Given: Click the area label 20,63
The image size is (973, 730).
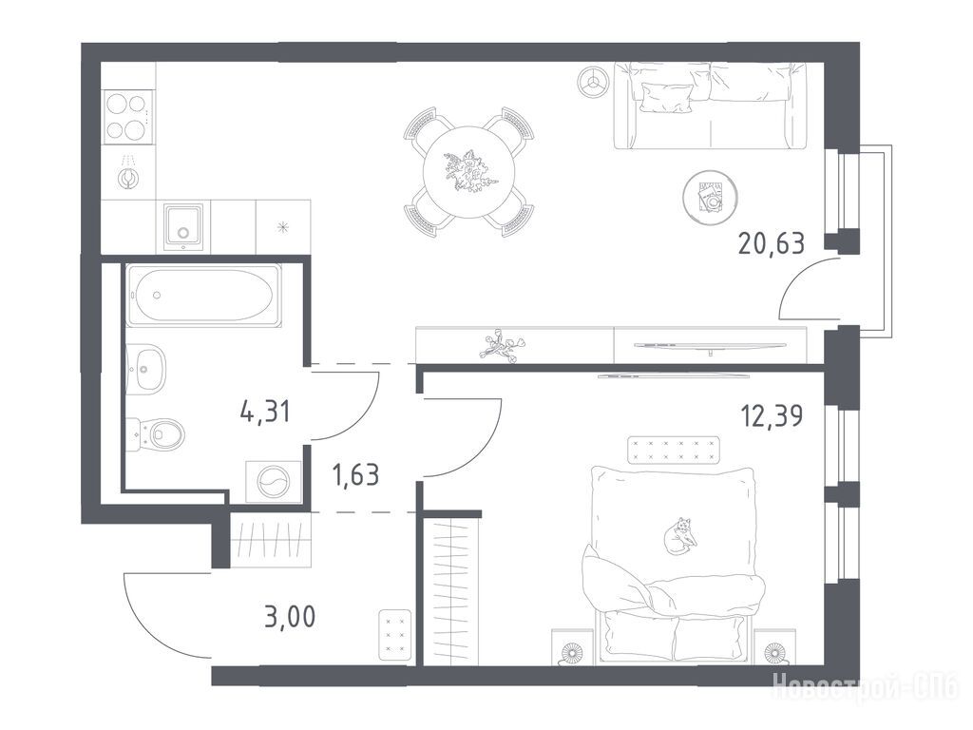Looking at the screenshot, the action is [772, 243].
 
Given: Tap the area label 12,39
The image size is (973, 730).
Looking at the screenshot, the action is [772, 416].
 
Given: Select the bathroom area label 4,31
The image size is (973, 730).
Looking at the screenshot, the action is [265, 412].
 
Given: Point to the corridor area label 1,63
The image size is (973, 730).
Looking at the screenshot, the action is [355, 475].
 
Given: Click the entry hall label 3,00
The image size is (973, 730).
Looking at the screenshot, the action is [290, 617].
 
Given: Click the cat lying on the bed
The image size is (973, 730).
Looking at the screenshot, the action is [678, 536].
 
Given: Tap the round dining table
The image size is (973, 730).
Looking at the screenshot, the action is [469, 172].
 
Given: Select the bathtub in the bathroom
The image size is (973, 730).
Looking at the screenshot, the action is [203, 295].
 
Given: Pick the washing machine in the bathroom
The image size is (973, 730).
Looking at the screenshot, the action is [274, 481].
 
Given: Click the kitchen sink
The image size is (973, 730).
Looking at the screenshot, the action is [183, 226].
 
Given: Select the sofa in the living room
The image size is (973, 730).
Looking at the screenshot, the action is [711, 106].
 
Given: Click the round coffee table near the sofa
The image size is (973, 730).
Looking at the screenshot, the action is [710, 198].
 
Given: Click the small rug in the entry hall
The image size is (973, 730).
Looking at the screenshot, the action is [394, 634].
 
